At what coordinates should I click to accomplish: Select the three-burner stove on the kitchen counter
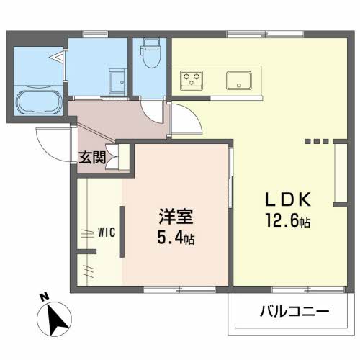coord(192,81)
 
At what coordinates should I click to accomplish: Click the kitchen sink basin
coord(239,81)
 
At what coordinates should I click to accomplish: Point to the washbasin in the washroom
coord(118,82)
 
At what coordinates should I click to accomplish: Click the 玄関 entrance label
coord(92,158)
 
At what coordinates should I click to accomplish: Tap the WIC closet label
coord(107,233)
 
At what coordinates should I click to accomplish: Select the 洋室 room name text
coord(176,217)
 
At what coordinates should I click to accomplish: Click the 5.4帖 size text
coord(176,237)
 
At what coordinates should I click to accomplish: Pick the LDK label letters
coord(288,199)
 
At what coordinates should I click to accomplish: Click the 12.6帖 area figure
coord(288,220)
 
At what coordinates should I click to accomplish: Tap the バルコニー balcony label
coord(294,311)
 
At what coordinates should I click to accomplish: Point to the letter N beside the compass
coord(45,297)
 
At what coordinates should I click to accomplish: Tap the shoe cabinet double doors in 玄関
coord(112,157)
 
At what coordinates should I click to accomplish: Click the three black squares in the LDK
coord(316,141)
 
